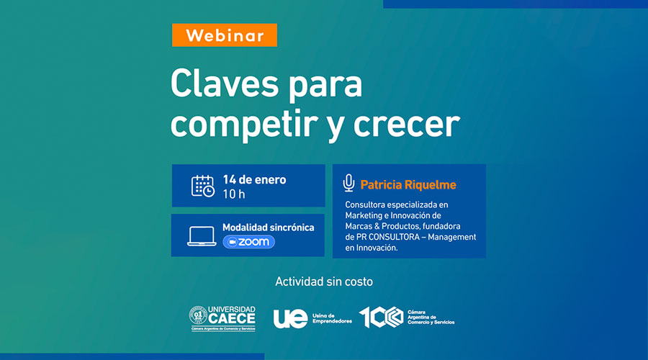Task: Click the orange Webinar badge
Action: pos(225,35)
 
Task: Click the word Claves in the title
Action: pos(225,84)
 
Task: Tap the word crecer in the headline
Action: pos(407,124)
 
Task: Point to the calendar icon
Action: pos(203,186)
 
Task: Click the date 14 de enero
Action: pos(254,180)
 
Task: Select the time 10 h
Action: pos(234,194)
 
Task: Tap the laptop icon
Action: pos(202,236)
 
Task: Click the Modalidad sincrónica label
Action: pos(269,228)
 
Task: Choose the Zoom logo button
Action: pos(249,242)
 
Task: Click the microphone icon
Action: pos(348,183)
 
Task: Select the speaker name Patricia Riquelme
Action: pos(408,185)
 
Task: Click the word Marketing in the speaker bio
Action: pos(364,216)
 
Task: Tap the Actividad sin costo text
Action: pos(324,282)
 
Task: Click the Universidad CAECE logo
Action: pos(223,318)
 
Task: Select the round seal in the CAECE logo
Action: pos(198,315)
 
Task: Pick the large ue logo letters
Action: pos(291,318)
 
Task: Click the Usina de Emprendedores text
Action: pos(332,318)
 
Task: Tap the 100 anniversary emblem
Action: pos(381,318)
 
